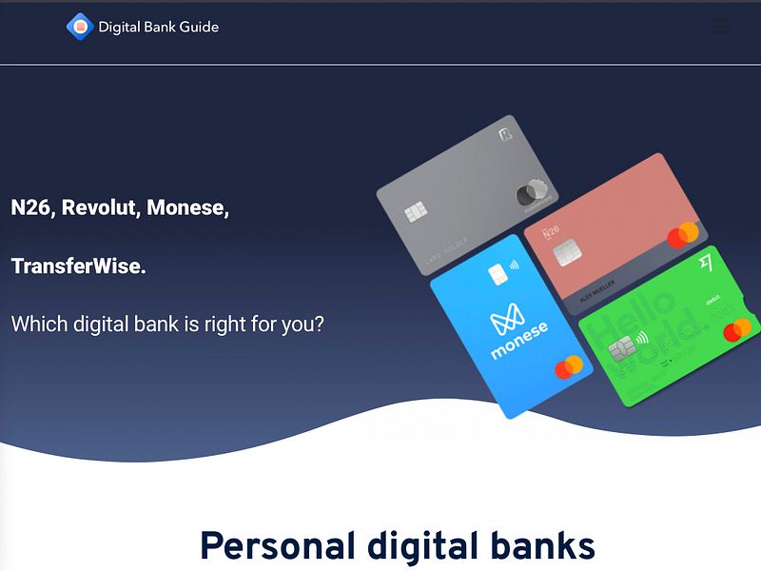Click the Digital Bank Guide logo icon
pos(79,27)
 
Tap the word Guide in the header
pos(199,27)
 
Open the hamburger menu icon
pos(722,27)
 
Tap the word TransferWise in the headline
pos(78,266)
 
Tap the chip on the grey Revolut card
pos(416,212)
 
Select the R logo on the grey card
pos(504,136)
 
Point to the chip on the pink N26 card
pos(567,252)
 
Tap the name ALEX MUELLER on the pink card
pos(597,286)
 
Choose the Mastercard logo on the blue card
pos(568,367)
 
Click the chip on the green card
pos(621,348)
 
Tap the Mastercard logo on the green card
pos(737,329)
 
